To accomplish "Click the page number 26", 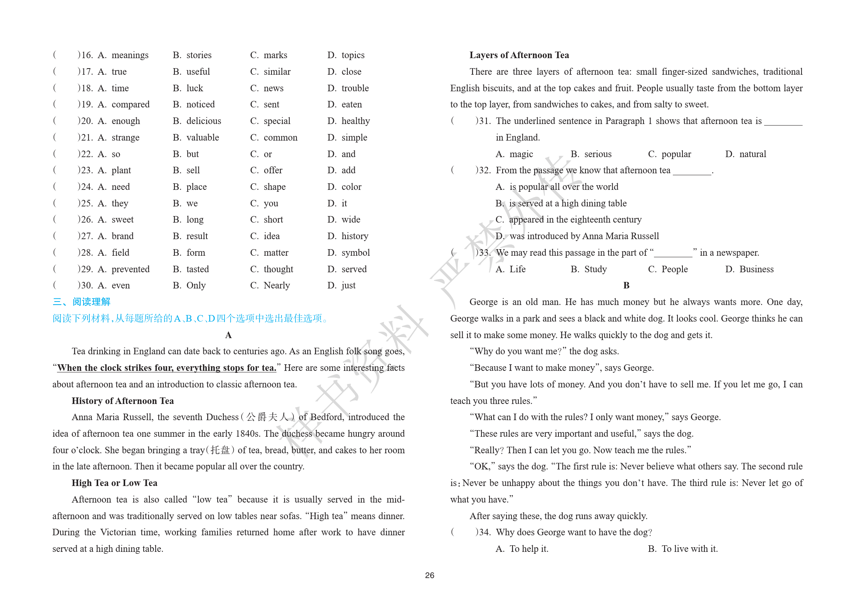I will click(x=429, y=575).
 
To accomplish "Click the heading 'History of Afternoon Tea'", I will click(x=122, y=401).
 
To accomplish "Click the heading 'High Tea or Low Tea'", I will click(x=114, y=483).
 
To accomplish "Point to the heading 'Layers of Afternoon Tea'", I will click(x=519, y=55).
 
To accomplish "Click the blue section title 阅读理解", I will click(x=91, y=302).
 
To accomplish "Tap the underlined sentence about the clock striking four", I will click(x=166, y=368).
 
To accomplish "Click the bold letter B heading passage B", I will click(x=626, y=286).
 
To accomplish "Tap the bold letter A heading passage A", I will click(x=228, y=335).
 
